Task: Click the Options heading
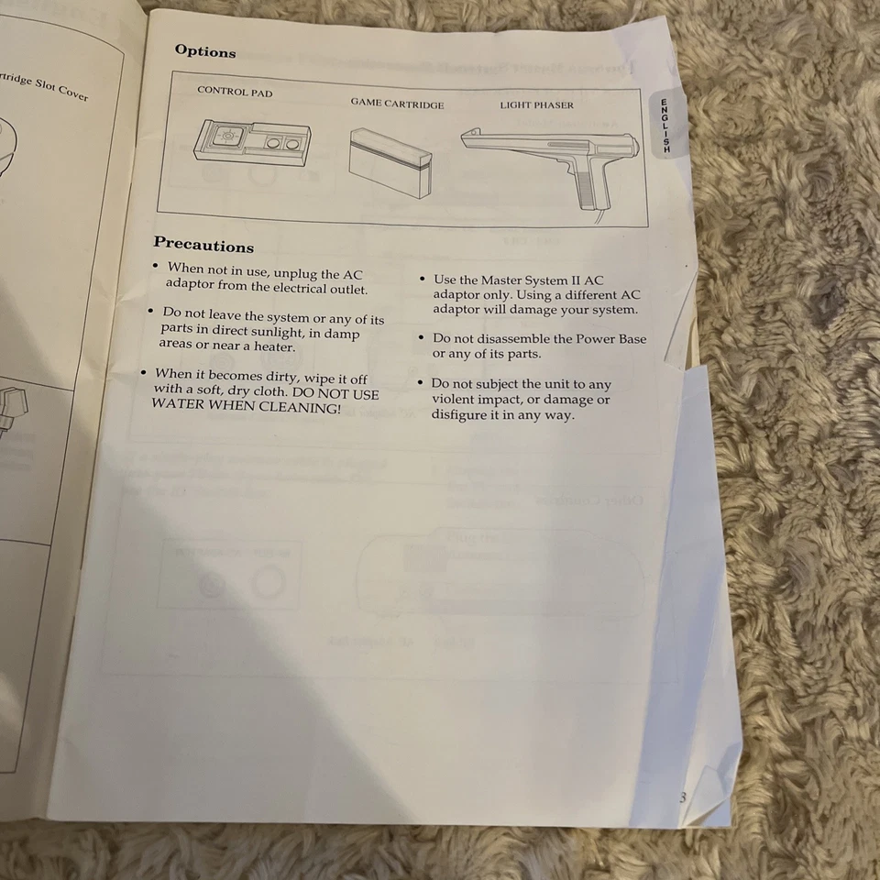pyautogui.click(x=204, y=51)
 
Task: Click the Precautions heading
pyautogui.click(x=203, y=245)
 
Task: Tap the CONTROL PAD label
pyautogui.click(x=235, y=93)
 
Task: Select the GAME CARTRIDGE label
pyautogui.click(x=396, y=104)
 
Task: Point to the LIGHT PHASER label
pyautogui.click(x=536, y=105)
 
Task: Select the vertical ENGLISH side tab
pyautogui.click(x=666, y=124)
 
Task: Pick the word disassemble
pyautogui.click(x=504, y=339)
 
